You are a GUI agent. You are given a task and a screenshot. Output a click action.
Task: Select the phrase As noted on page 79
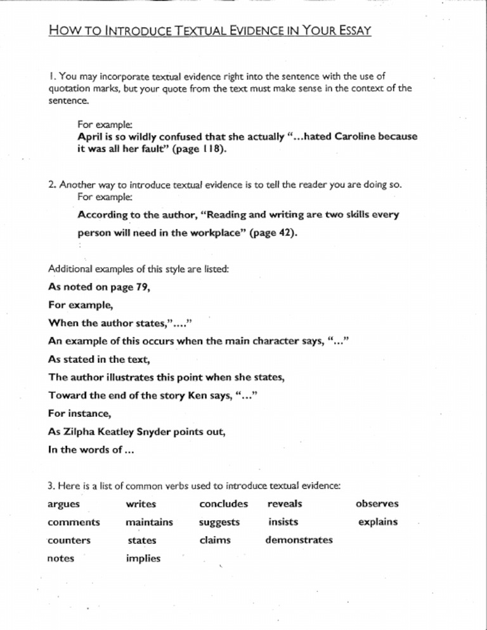pos(98,287)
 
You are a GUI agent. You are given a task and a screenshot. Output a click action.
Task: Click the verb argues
pos(64,504)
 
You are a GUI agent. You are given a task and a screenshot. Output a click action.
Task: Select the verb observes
pos(377,504)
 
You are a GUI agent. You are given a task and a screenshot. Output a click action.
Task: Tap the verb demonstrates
pos(299,540)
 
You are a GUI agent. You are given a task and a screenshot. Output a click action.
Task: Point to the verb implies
pos(143,558)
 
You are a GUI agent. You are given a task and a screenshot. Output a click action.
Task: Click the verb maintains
pos(150,522)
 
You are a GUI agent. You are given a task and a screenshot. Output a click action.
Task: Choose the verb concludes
pos(223,504)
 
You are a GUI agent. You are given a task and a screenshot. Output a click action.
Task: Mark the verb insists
pos(283,522)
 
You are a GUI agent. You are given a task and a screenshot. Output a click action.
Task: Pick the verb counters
pos(69,541)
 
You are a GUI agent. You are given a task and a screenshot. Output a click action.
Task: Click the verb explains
pos(378,522)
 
